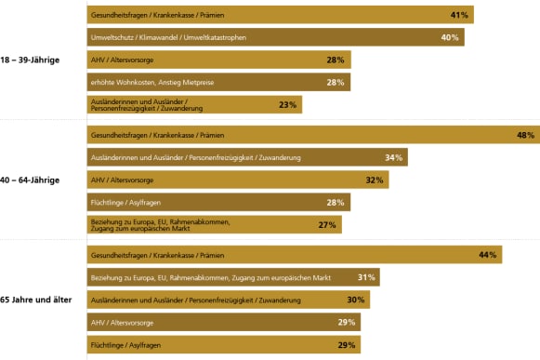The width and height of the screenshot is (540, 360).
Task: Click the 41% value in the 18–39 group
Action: tap(458, 16)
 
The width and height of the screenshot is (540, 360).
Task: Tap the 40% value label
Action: tap(449, 38)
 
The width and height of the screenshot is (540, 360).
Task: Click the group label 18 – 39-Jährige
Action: tap(31, 60)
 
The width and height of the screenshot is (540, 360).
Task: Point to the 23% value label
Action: tap(287, 105)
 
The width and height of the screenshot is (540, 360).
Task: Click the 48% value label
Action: tap(525, 136)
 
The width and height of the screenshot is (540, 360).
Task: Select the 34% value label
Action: tap(393, 158)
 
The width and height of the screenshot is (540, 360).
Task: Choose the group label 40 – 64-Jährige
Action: tap(31, 180)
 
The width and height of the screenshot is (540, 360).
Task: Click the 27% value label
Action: tap(327, 225)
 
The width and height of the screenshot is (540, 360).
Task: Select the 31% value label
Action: tap(365, 277)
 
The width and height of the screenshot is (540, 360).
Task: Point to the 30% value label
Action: tap(356, 300)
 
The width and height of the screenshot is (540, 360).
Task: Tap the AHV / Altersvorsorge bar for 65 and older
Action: tap(223, 322)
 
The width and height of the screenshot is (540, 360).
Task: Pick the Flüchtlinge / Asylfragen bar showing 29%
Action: tap(223, 344)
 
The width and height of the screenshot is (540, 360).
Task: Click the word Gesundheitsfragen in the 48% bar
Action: tap(116, 136)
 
